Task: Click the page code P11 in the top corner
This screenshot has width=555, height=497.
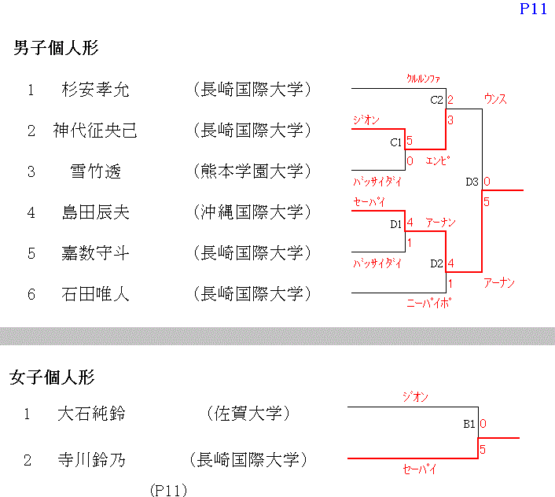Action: [x=533, y=9]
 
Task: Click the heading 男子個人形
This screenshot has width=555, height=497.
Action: [x=56, y=47]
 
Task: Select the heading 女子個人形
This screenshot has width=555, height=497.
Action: [x=52, y=377]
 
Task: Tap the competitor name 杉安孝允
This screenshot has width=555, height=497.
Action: [x=95, y=90]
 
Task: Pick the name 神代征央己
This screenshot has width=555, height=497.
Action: [x=95, y=131]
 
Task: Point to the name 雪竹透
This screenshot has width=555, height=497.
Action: [x=95, y=171]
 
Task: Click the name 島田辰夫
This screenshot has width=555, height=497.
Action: [x=95, y=212]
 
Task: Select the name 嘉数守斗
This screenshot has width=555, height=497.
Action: [x=95, y=253]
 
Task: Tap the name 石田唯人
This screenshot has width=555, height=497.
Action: [x=95, y=294]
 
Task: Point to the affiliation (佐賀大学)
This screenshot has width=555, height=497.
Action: [x=248, y=414]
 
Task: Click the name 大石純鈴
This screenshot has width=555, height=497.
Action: [x=91, y=414]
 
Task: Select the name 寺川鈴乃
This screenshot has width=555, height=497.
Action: [x=91, y=459]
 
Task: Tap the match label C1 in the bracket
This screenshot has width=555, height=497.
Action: [x=396, y=143]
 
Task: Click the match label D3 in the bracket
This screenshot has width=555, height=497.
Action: [x=472, y=182]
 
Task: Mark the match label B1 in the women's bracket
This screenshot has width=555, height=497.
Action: [x=469, y=424]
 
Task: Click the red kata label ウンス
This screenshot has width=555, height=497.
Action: [x=495, y=99]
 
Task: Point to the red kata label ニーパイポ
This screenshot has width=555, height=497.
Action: [x=428, y=301]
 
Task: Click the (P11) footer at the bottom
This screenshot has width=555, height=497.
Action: [x=168, y=490]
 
